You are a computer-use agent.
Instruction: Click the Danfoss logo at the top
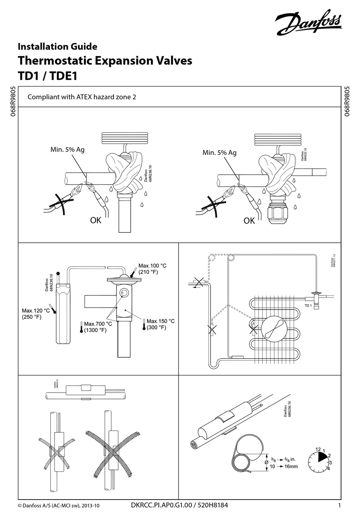(x=308, y=23)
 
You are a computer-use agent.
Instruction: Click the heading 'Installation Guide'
(x=58, y=47)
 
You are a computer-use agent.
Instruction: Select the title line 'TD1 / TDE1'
(x=48, y=76)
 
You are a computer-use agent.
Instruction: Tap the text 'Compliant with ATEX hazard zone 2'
(x=82, y=97)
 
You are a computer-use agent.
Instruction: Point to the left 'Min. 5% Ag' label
(x=67, y=149)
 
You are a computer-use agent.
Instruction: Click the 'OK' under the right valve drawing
(x=249, y=220)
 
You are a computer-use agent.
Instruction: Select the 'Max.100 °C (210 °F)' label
(x=152, y=269)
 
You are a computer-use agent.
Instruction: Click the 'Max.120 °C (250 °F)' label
(x=36, y=314)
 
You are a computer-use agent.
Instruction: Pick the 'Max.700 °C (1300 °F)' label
(x=98, y=327)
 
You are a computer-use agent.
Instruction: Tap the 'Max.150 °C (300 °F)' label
(x=160, y=324)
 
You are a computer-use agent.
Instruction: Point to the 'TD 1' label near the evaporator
(x=308, y=306)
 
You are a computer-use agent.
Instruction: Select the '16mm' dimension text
(x=291, y=467)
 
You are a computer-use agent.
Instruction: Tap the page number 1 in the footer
(x=339, y=505)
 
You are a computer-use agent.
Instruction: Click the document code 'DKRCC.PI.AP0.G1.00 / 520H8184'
(x=179, y=505)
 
